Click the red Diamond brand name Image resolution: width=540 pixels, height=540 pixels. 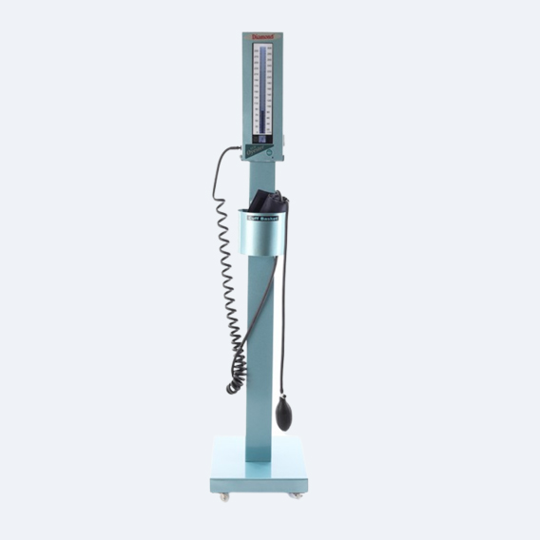(261, 38)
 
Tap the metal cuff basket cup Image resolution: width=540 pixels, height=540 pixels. (262, 236)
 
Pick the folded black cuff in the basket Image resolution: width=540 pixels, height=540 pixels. (268, 202)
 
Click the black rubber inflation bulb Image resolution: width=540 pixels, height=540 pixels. (283, 415)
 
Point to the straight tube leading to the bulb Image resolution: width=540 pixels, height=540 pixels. (281, 314)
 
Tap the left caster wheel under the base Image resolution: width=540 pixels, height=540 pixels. (224, 495)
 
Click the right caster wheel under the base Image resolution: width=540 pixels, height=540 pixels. (298, 495)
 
